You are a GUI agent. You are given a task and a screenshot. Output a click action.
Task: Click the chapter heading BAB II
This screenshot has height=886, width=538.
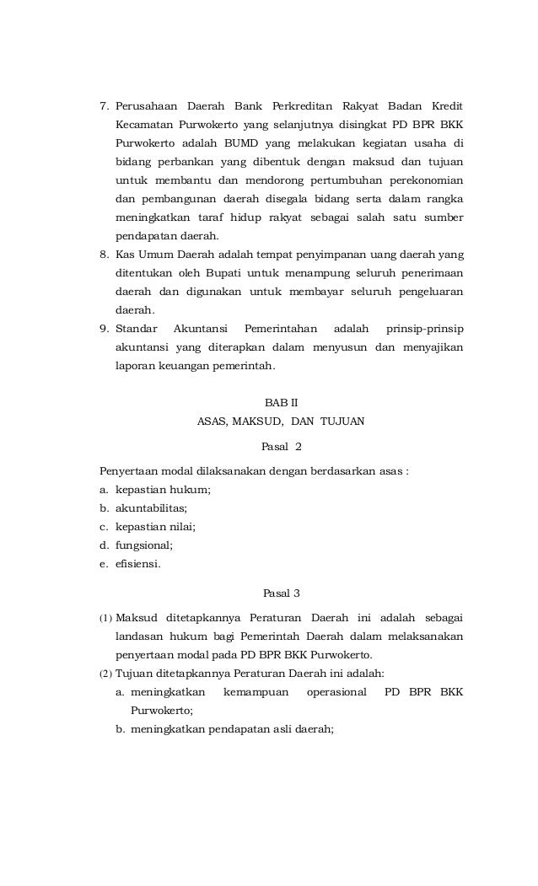[x=281, y=401]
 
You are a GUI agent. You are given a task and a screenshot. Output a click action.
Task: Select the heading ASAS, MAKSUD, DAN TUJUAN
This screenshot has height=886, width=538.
[x=281, y=421]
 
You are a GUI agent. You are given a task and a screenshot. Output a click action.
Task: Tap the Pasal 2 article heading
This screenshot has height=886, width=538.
[x=282, y=446]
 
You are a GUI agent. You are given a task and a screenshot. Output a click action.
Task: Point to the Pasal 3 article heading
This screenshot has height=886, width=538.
[x=282, y=592]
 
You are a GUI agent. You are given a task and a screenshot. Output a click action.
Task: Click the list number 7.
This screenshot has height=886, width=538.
[x=105, y=108]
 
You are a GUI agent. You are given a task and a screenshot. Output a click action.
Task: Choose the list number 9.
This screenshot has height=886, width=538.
[x=105, y=328]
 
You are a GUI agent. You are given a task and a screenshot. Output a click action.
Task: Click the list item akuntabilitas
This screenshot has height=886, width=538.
[x=151, y=508]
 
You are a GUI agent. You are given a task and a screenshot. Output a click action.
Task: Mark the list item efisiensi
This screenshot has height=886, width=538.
[x=138, y=564]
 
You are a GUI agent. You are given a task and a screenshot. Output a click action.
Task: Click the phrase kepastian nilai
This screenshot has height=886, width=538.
[x=155, y=527]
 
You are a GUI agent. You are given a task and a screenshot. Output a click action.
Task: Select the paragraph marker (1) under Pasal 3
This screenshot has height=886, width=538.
[x=106, y=618]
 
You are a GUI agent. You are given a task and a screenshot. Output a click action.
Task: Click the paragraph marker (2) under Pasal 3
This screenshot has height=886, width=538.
[x=106, y=674]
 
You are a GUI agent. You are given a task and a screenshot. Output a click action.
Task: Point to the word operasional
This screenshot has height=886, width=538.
[x=336, y=692]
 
